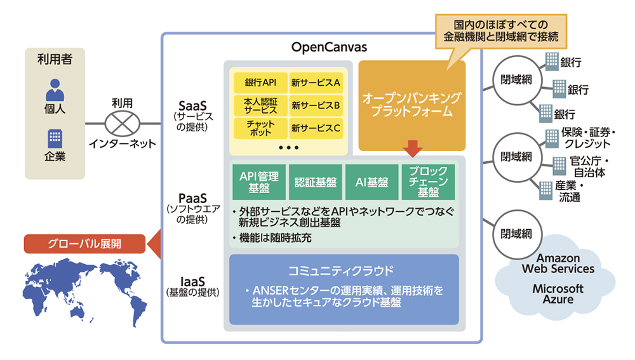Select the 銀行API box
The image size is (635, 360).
point(261,83)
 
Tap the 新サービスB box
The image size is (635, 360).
point(316,105)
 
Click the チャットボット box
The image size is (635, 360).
point(261,128)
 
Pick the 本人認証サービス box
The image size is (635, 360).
point(261,105)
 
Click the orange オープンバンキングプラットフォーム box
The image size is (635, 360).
point(411,105)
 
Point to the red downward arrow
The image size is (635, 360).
point(412,149)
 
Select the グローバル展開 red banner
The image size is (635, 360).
point(84,243)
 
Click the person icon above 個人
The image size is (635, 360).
point(55,90)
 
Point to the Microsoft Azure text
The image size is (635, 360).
point(558,293)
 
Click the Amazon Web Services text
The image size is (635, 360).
point(558,263)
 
